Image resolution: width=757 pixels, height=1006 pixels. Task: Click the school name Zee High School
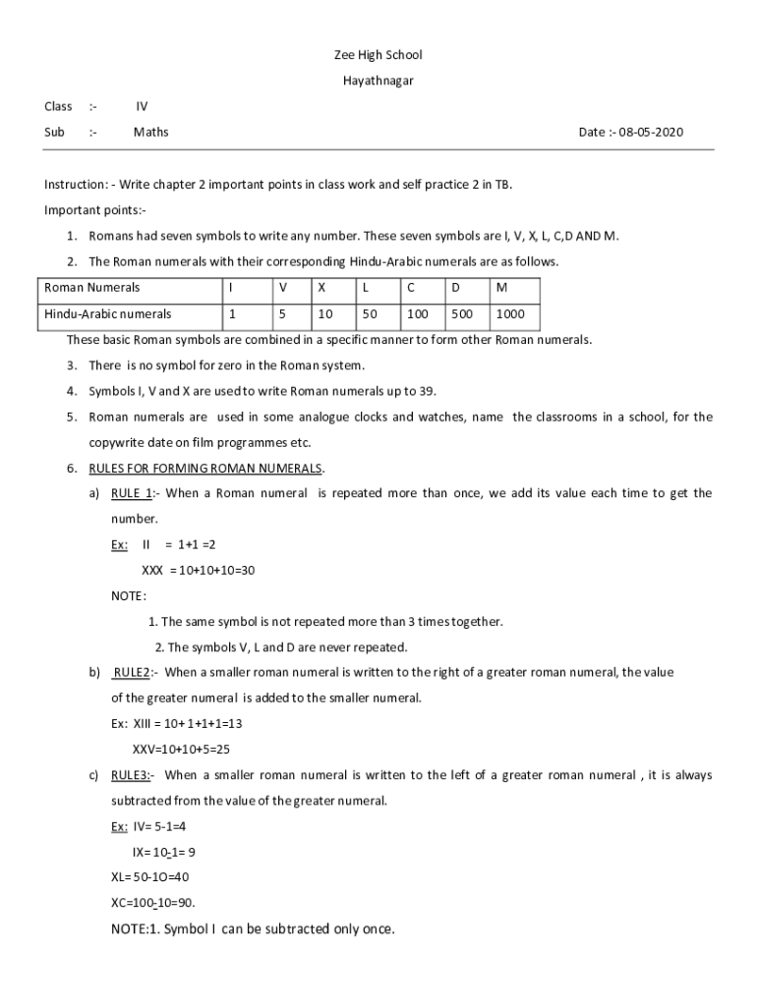pos(378,55)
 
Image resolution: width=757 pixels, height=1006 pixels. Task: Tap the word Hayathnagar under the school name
pos(378,81)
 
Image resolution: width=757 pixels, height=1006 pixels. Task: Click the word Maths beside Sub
pos(151,133)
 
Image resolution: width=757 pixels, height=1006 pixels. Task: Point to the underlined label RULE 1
pos(131,493)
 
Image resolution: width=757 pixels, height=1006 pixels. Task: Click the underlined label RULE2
pos(132,673)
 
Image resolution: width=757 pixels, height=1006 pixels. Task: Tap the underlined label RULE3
pos(130,775)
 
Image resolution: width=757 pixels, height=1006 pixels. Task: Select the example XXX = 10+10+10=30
pos(199,570)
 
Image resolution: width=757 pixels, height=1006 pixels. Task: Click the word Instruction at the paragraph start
pos(75,184)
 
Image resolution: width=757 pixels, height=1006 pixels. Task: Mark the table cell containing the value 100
pos(418,314)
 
